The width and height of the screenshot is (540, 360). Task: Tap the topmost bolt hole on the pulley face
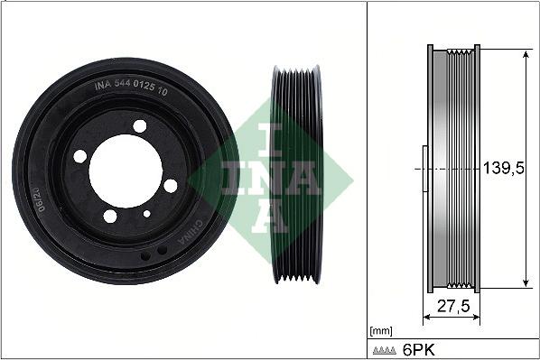click(x=139, y=126)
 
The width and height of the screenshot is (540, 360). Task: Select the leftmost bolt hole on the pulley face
click(x=80, y=156)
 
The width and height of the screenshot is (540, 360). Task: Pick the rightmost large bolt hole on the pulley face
click(x=171, y=185)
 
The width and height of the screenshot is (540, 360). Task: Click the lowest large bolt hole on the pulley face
click(x=110, y=216)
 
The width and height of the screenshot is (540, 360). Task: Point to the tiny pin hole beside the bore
click(x=146, y=214)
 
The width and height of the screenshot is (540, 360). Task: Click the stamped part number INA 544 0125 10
click(x=130, y=88)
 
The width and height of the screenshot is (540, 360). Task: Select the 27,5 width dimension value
click(x=452, y=306)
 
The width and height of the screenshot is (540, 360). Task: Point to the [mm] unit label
click(x=380, y=331)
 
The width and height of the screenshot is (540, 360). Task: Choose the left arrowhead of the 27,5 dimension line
click(x=426, y=318)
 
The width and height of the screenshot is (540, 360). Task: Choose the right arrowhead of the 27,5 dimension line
click(x=479, y=318)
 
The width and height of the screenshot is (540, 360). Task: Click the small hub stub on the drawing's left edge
click(x=424, y=169)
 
